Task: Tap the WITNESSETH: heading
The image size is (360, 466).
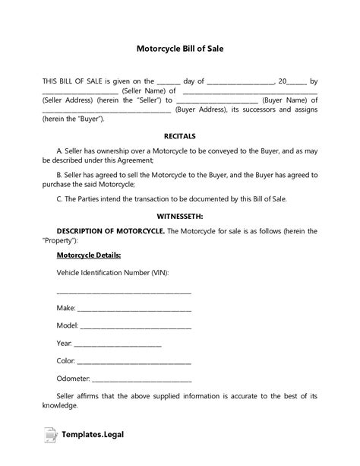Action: coord(180,216)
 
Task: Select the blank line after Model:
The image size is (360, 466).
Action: coord(136,327)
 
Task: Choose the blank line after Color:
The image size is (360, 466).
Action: coord(134,362)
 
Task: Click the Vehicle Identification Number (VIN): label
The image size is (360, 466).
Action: coord(112,271)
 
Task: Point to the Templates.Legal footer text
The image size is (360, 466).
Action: coord(95,436)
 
